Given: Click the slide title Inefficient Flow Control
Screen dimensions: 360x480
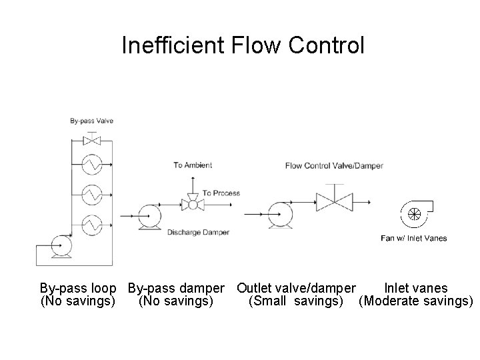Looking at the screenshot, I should [x=243, y=45].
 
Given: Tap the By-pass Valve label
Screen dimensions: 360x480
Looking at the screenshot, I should [x=92, y=121].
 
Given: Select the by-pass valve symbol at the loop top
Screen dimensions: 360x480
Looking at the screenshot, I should [x=91, y=141].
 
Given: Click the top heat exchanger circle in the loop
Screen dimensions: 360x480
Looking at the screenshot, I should [x=91, y=165].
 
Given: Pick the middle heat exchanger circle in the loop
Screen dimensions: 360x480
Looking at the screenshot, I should [x=91, y=194].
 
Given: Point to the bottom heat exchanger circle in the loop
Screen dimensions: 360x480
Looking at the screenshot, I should [x=91, y=223].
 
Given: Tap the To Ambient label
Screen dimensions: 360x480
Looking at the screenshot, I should [x=193, y=165].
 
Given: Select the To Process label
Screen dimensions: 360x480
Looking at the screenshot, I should [x=221, y=193].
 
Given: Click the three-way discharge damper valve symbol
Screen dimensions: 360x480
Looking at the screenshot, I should [x=193, y=205].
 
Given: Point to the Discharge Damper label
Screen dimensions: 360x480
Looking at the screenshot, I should [x=198, y=232].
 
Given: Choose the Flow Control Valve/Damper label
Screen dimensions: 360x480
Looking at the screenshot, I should [x=334, y=165].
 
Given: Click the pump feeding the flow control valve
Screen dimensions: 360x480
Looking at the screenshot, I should [x=279, y=215].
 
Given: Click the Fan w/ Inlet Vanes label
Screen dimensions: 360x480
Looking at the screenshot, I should [x=413, y=238].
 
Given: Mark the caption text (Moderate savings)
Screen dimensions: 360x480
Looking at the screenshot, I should [x=415, y=301].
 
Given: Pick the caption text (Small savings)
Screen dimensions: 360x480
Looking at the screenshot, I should [x=295, y=301].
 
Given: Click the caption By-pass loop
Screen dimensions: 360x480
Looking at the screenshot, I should [x=78, y=289].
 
